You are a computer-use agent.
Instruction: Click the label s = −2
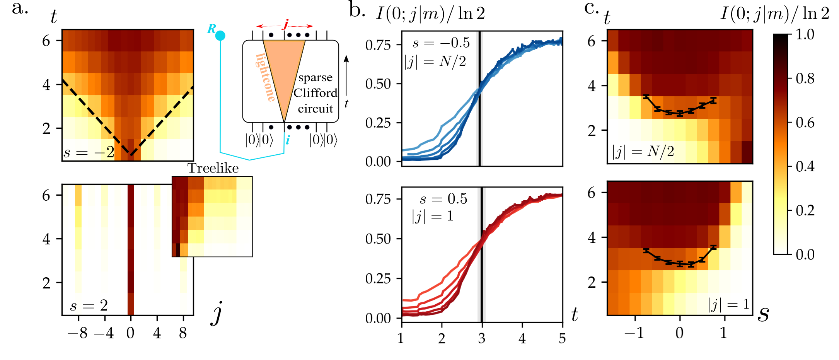coord(89,152)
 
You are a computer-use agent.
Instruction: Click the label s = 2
coord(89,305)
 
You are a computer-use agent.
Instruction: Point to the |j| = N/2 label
coord(643,151)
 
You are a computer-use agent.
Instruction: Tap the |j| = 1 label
coord(729,305)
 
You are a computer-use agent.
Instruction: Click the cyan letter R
coord(211,29)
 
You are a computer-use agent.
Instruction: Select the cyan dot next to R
coord(220,36)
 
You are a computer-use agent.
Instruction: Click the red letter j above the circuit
coord(285,25)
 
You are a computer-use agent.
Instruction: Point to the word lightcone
coord(265,77)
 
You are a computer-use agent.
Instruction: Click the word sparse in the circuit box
coord(315,78)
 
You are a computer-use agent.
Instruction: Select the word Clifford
coord(315,93)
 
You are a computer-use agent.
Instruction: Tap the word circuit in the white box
coord(315,109)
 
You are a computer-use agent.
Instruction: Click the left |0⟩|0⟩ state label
coord(259,140)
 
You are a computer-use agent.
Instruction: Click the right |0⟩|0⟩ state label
coord(324,140)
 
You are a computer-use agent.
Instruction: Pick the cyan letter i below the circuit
coord(288,140)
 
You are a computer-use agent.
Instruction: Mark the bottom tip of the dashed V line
coord(131,155)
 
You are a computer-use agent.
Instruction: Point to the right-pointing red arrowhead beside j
coord(310,26)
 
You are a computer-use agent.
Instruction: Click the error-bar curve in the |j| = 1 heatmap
coord(680,264)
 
